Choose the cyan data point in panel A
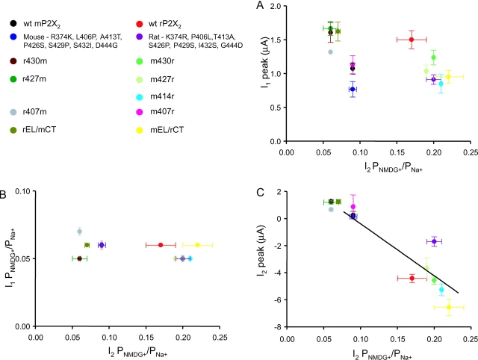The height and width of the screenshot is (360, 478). [441, 84]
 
